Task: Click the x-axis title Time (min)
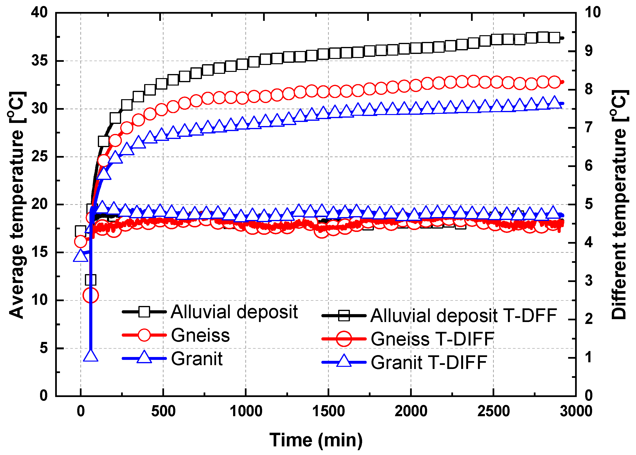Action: pos(316,440)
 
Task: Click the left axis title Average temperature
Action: pos(17,205)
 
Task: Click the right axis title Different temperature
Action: pos(619,205)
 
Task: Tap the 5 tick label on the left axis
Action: pos(43,348)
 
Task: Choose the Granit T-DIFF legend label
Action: pos(429,363)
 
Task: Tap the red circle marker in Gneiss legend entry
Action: pos(144,335)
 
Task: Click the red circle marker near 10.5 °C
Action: pos(91,295)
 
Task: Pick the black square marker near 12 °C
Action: pos(91,279)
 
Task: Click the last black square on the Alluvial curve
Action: pos(555,37)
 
